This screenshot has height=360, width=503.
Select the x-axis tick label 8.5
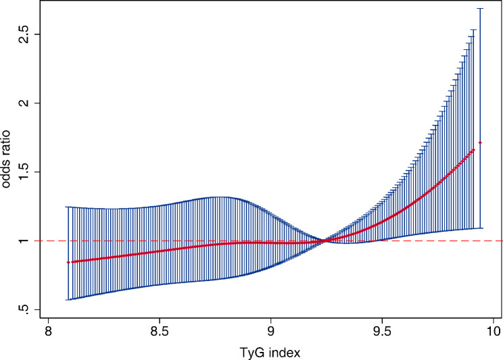pyautogui.click(x=160, y=332)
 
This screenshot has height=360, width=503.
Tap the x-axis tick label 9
pyautogui.click(x=270, y=332)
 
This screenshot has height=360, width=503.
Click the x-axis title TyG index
pyautogui.click(x=270, y=351)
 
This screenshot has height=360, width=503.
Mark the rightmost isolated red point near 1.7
pyautogui.click(x=480, y=143)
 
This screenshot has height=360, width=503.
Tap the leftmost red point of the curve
pyautogui.click(x=68, y=262)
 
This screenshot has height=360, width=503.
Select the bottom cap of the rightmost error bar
pyautogui.click(x=480, y=228)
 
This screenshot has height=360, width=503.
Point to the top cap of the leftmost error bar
pyautogui.click(x=68, y=207)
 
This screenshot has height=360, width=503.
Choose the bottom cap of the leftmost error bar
pyautogui.click(x=68, y=299)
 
